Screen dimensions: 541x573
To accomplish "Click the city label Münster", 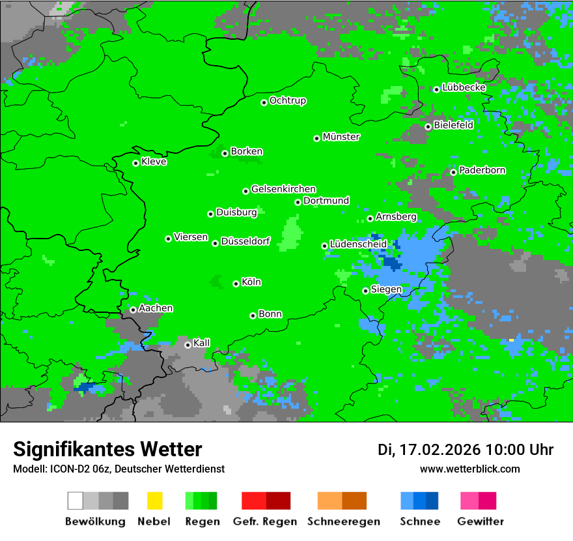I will click(x=341, y=137).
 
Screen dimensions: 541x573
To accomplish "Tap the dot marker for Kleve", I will click(x=135, y=163).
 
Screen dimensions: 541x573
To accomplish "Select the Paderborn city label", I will click(x=482, y=170).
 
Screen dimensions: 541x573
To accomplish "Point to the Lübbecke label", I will click(x=464, y=87).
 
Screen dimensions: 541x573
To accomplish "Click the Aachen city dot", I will click(x=133, y=310).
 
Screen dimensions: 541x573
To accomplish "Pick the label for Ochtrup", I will click(x=287, y=100).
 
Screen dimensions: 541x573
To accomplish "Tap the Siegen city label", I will click(x=386, y=289).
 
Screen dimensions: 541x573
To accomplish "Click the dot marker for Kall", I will click(x=188, y=345).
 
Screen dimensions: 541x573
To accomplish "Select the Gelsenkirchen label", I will click(x=283, y=189).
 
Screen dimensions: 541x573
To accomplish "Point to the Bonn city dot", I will click(x=253, y=315).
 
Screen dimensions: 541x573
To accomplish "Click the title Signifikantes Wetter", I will click(x=107, y=450).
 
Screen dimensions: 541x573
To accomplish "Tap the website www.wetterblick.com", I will click(x=469, y=469).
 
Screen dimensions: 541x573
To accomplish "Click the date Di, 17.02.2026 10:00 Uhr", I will click(x=465, y=450).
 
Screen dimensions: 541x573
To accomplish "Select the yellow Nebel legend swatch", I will click(x=154, y=501).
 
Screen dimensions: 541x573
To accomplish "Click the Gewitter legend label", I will click(x=481, y=521).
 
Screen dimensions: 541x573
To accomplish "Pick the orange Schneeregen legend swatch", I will click(x=342, y=501).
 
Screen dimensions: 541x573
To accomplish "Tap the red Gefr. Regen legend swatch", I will click(x=266, y=501).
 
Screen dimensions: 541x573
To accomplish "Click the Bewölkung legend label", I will click(x=95, y=521).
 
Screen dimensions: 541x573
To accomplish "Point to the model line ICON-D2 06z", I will click(x=119, y=469).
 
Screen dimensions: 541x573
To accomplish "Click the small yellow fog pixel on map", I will click(x=511, y=340).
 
